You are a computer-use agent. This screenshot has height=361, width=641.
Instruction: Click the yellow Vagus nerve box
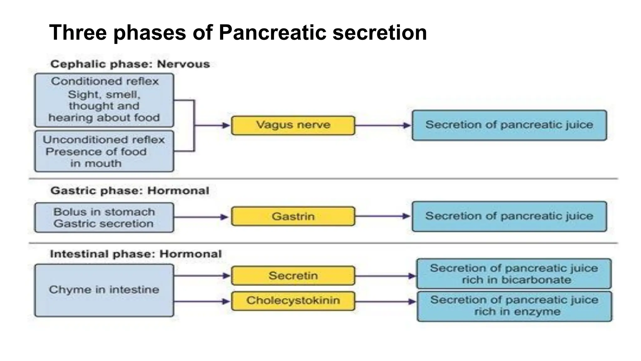(293, 125)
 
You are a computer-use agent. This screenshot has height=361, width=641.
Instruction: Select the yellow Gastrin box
(293, 216)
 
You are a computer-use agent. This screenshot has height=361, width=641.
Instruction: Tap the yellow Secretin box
(293, 276)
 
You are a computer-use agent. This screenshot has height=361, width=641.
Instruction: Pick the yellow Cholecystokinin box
(293, 301)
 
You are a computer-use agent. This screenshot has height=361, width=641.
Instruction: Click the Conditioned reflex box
(104, 100)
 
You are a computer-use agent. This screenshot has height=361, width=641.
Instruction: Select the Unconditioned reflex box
(104, 151)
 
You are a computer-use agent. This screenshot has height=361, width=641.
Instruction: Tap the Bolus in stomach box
(104, 217)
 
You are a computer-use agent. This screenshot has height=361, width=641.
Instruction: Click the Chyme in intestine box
(104, 290)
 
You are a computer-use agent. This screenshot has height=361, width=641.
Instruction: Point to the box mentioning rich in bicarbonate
(514, 274)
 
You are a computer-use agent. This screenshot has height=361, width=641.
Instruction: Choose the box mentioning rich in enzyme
(514, 306)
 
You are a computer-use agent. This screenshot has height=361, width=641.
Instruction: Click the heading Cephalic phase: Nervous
(130, 64)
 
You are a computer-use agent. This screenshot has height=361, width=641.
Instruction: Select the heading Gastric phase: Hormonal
(130, 191)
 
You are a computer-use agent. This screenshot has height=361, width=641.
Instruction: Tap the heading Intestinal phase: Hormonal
(136, 254)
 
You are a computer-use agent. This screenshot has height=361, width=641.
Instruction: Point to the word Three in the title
(78, 33)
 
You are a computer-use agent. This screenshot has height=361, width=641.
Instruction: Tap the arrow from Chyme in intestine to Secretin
(202, 276)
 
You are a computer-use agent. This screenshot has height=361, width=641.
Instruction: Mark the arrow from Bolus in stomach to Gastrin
(202, 217)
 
